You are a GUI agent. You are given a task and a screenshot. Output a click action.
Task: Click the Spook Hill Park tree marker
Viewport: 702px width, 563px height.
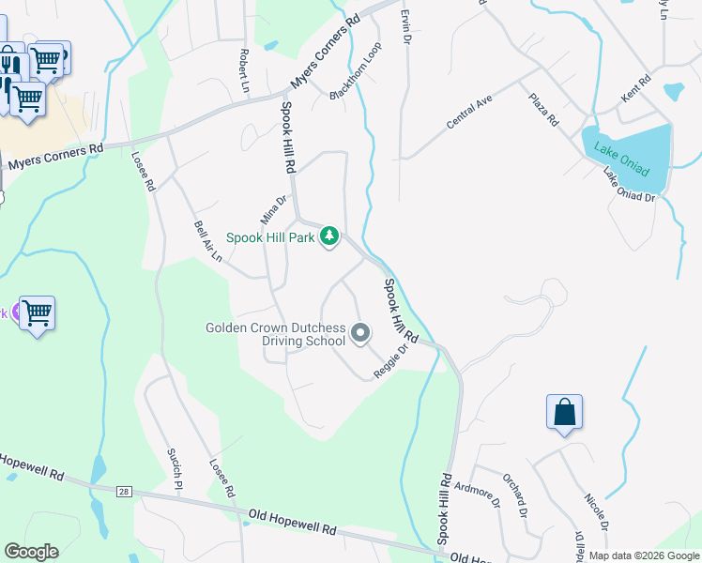coord(329,236)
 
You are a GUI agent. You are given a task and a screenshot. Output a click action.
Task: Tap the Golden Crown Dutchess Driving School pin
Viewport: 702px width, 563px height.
coord(360,333)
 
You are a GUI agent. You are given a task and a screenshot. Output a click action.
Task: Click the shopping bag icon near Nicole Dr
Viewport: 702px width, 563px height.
coord(564,413)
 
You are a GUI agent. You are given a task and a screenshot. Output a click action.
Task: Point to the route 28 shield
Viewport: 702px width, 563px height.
coord(124,491)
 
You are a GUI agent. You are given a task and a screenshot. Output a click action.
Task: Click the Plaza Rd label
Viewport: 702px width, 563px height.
coord(542,109)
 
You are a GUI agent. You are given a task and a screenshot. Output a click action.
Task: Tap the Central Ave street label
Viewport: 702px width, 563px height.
coord(469,113)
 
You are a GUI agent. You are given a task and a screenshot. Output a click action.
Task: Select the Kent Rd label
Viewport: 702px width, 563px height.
coord(635,91)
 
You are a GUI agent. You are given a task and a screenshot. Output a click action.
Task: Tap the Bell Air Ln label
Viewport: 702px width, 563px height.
coord(207,241)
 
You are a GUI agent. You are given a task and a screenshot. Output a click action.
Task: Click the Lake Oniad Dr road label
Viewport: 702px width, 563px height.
coord(628,184)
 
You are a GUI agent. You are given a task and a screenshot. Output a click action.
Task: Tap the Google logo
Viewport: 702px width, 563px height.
coord(32,552)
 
